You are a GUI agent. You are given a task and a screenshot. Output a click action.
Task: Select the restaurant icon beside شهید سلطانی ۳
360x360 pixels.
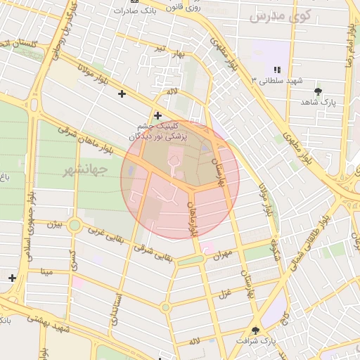pyautogui.click(x=277, y=70)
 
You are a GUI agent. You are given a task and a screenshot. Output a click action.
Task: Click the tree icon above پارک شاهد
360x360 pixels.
pyautogui.click(x=318, y=91)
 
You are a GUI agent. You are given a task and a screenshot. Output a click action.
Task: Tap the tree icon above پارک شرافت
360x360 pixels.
pyautogui.click(x=255, y=330)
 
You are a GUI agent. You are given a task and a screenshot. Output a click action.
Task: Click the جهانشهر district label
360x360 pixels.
pyautogui.click(x=84, y=171)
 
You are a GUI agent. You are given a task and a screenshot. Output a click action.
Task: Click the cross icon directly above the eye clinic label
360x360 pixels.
pyautogui.click(x=157, y=115)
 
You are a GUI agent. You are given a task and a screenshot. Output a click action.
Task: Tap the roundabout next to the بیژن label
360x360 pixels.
pyautogui.click(x=75, y=226)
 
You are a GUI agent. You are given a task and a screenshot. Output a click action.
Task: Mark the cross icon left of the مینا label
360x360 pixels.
pyautogui.click(x=12, y=278)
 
